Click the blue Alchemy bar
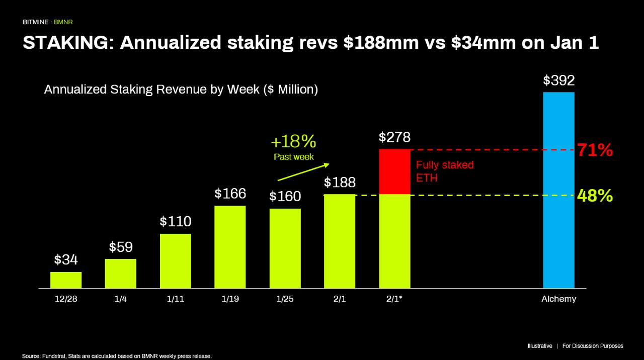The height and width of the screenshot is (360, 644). tap(558, 190)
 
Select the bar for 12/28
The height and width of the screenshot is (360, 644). tap(66, 280)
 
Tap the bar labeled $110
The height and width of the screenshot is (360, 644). tap(176, 261)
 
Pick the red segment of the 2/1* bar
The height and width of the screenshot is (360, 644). tap(395, 171)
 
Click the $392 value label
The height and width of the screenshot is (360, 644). tap(558, 80)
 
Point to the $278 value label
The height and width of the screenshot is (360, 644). tap(394, 137)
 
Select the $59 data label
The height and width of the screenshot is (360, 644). tap(121, 247)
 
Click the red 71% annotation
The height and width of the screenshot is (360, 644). tap(595, 150)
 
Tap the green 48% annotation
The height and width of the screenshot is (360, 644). tap(595, 196)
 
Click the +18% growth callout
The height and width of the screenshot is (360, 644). tap(293, 141)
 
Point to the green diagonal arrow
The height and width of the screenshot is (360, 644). tap(303, 172)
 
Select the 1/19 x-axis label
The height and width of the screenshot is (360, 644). tap(230, 299)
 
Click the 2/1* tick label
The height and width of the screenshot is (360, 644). tap(394, 299)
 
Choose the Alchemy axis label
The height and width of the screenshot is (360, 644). tap(558, 299)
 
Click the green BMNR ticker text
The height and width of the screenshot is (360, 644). tap(63, 22)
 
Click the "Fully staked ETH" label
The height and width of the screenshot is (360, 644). tap(444, 171)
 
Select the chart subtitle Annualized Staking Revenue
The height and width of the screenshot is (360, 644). tap(181, 89)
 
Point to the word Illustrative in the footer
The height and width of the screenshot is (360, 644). tap(540, 346)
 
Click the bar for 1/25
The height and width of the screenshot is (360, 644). tap(285, 248)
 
